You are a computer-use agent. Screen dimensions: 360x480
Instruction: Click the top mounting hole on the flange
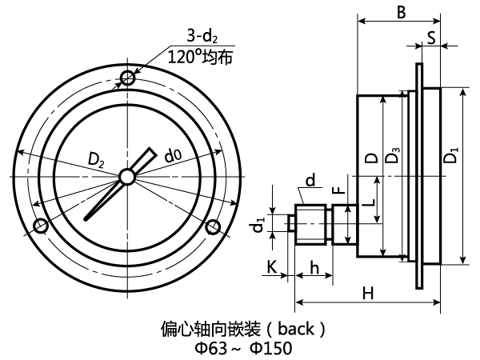[x=128, y=78]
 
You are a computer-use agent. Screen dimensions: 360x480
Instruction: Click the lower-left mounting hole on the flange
[x=42, y=227]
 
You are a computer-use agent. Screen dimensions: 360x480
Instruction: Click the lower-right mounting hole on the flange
[x=213, y=227]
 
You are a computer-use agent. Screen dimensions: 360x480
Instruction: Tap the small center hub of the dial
[x=127, y=177]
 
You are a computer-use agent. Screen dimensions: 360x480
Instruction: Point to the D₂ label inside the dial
[x=97, y=160]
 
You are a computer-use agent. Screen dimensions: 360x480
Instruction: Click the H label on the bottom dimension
[x=367, y=294]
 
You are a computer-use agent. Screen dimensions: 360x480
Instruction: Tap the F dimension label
[x=338, y=190]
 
